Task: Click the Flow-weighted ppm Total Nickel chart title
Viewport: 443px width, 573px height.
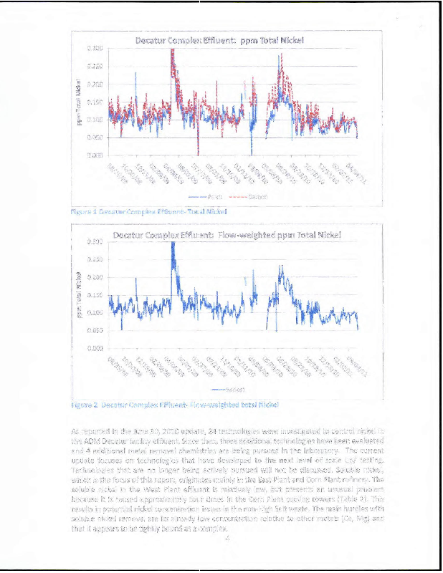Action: pyautogui.click(x=227, y=234)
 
